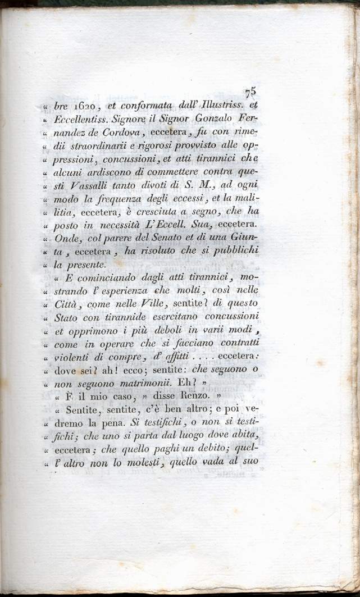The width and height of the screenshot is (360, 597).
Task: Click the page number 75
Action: pyautogui.click(x=251, y=92)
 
